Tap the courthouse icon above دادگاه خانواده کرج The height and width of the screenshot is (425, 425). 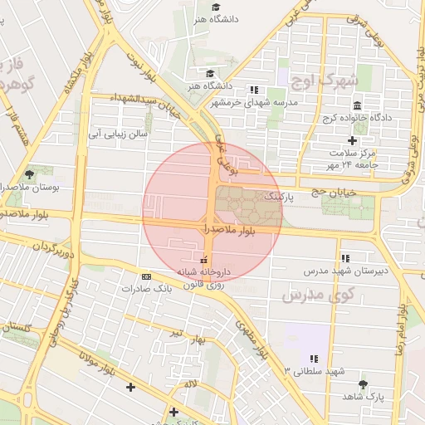click(357, 106)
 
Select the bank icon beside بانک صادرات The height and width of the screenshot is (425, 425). click(147, 276)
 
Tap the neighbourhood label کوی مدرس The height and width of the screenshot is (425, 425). click(318, 295)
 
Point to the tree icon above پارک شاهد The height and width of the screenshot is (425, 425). click(363, 384)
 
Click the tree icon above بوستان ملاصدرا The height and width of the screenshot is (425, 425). click(31, 174)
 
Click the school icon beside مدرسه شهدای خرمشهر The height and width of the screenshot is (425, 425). click(254, 90)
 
